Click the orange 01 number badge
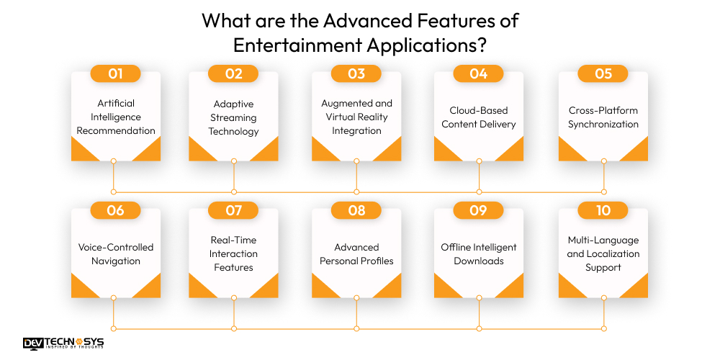[x=115, y=73]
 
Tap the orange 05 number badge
[x=603, y=73]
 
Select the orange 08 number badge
[x=356, y=210]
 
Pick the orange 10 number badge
[x=603, y=210]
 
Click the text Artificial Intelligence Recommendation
[x=116, y=117]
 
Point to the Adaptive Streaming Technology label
[x=233, y=117]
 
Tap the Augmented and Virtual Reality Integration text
[x=356, y=117]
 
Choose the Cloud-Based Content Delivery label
[x=479, y=117]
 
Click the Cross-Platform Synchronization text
[x=603, y=117]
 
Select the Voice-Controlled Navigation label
[x=116, y=254]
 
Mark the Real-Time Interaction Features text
[x=233, y=253]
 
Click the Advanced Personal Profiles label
[x=356, y=254]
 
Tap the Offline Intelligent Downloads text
[x=479, y=254]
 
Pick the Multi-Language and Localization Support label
[x=603, y=253]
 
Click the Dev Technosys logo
[x=63, y=343]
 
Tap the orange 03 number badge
[x=356, y=73]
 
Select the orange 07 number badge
[x=233, y=210]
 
